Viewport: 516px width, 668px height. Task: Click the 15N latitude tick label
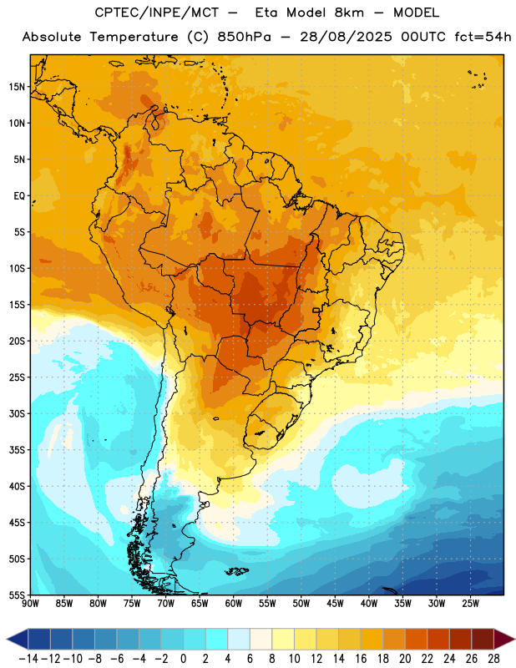pyautogui.click(x=17, y=87)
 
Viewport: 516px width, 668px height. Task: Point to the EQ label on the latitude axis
pyautogui.click(x=19, y=196)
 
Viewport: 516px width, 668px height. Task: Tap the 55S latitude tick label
pyautogui.click(x=17, y=595)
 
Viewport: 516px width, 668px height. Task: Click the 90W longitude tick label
pyautogui.click(x=30, y=604)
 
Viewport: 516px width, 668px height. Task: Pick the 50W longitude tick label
pyautogui.click(x=301, y=604)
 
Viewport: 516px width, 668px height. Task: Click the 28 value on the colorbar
pyautogui.click(x=493, y=659)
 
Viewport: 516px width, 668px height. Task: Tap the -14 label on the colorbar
pyautogui.click(x=28, y=659)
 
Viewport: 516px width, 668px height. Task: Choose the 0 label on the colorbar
pyautogui.click(x=183, y=659)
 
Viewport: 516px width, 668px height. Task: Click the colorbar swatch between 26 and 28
pyautogui.click(x=483, y=640)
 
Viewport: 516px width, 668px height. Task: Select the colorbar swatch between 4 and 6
pyautogui.click(x=239, y=640)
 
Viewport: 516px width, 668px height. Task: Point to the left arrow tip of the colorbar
pyautogui.click(x=7, y=640)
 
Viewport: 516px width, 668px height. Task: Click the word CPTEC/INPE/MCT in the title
pyautogui.click(x=156, y=13)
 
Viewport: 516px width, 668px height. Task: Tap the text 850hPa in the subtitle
pyautogui.click(x=244, y=37)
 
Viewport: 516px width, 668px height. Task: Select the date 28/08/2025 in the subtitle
pyautogui.click(x=346, y=37)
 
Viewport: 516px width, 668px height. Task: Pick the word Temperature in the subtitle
pyautogui.click(x=134, y=37)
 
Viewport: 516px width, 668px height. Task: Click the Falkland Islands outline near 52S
pyautogui.click(x=236, y=571)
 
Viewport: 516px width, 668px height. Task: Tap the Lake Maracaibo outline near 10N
pyautogui.click(x=157, y=122)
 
